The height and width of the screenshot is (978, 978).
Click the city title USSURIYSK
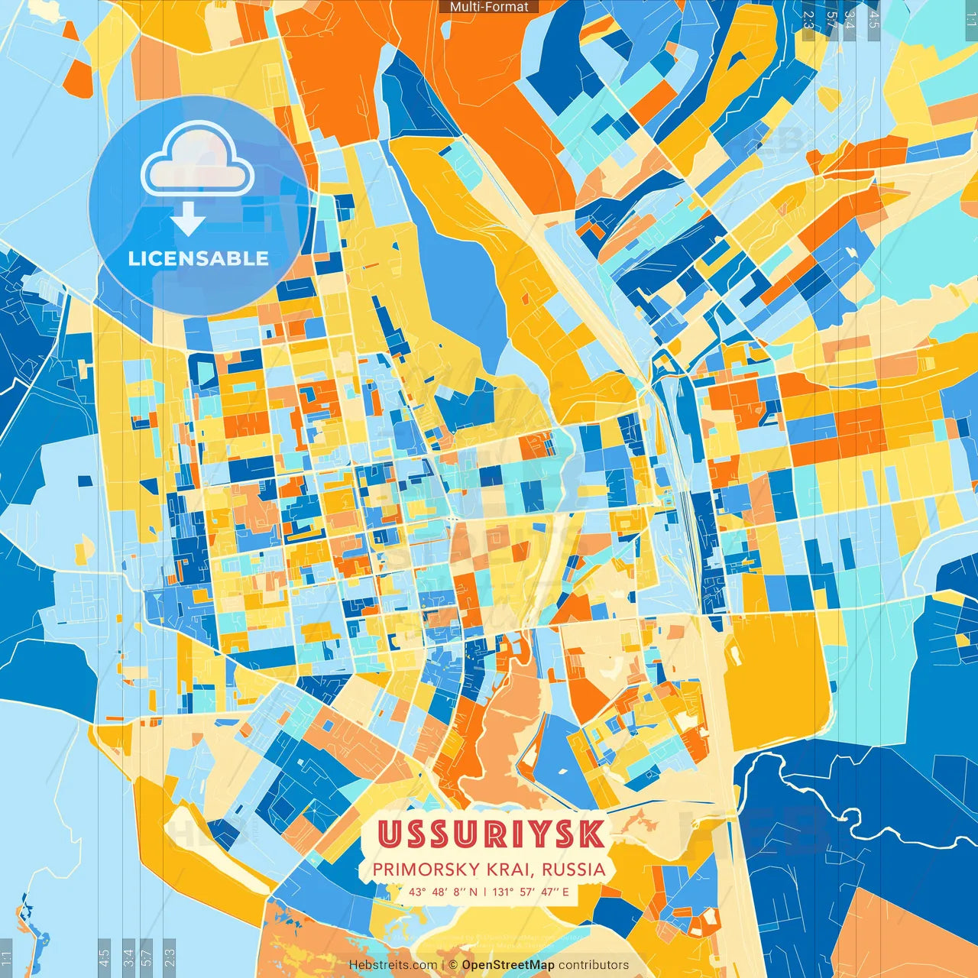[x=491, y=834]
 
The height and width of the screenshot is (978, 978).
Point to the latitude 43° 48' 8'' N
[x=442, y=892]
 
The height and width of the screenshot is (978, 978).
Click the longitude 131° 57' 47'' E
[x=531, y=892]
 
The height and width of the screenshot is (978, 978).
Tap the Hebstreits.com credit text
[x=393, y=965]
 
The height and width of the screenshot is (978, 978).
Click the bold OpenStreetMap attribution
[x=508, y=965]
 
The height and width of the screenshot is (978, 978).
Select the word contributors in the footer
[x=594, y=965]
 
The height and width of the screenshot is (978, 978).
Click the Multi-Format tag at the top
[x=489, y=7]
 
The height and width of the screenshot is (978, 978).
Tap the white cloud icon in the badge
[x=197, y=159]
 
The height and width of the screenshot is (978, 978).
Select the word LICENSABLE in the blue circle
[x=199, y=258]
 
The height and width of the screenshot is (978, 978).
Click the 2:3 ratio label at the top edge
[x=808, y=19]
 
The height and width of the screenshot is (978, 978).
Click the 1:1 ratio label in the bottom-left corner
[x=7, y=958]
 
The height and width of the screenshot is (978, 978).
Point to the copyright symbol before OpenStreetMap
[x=453, y=965]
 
